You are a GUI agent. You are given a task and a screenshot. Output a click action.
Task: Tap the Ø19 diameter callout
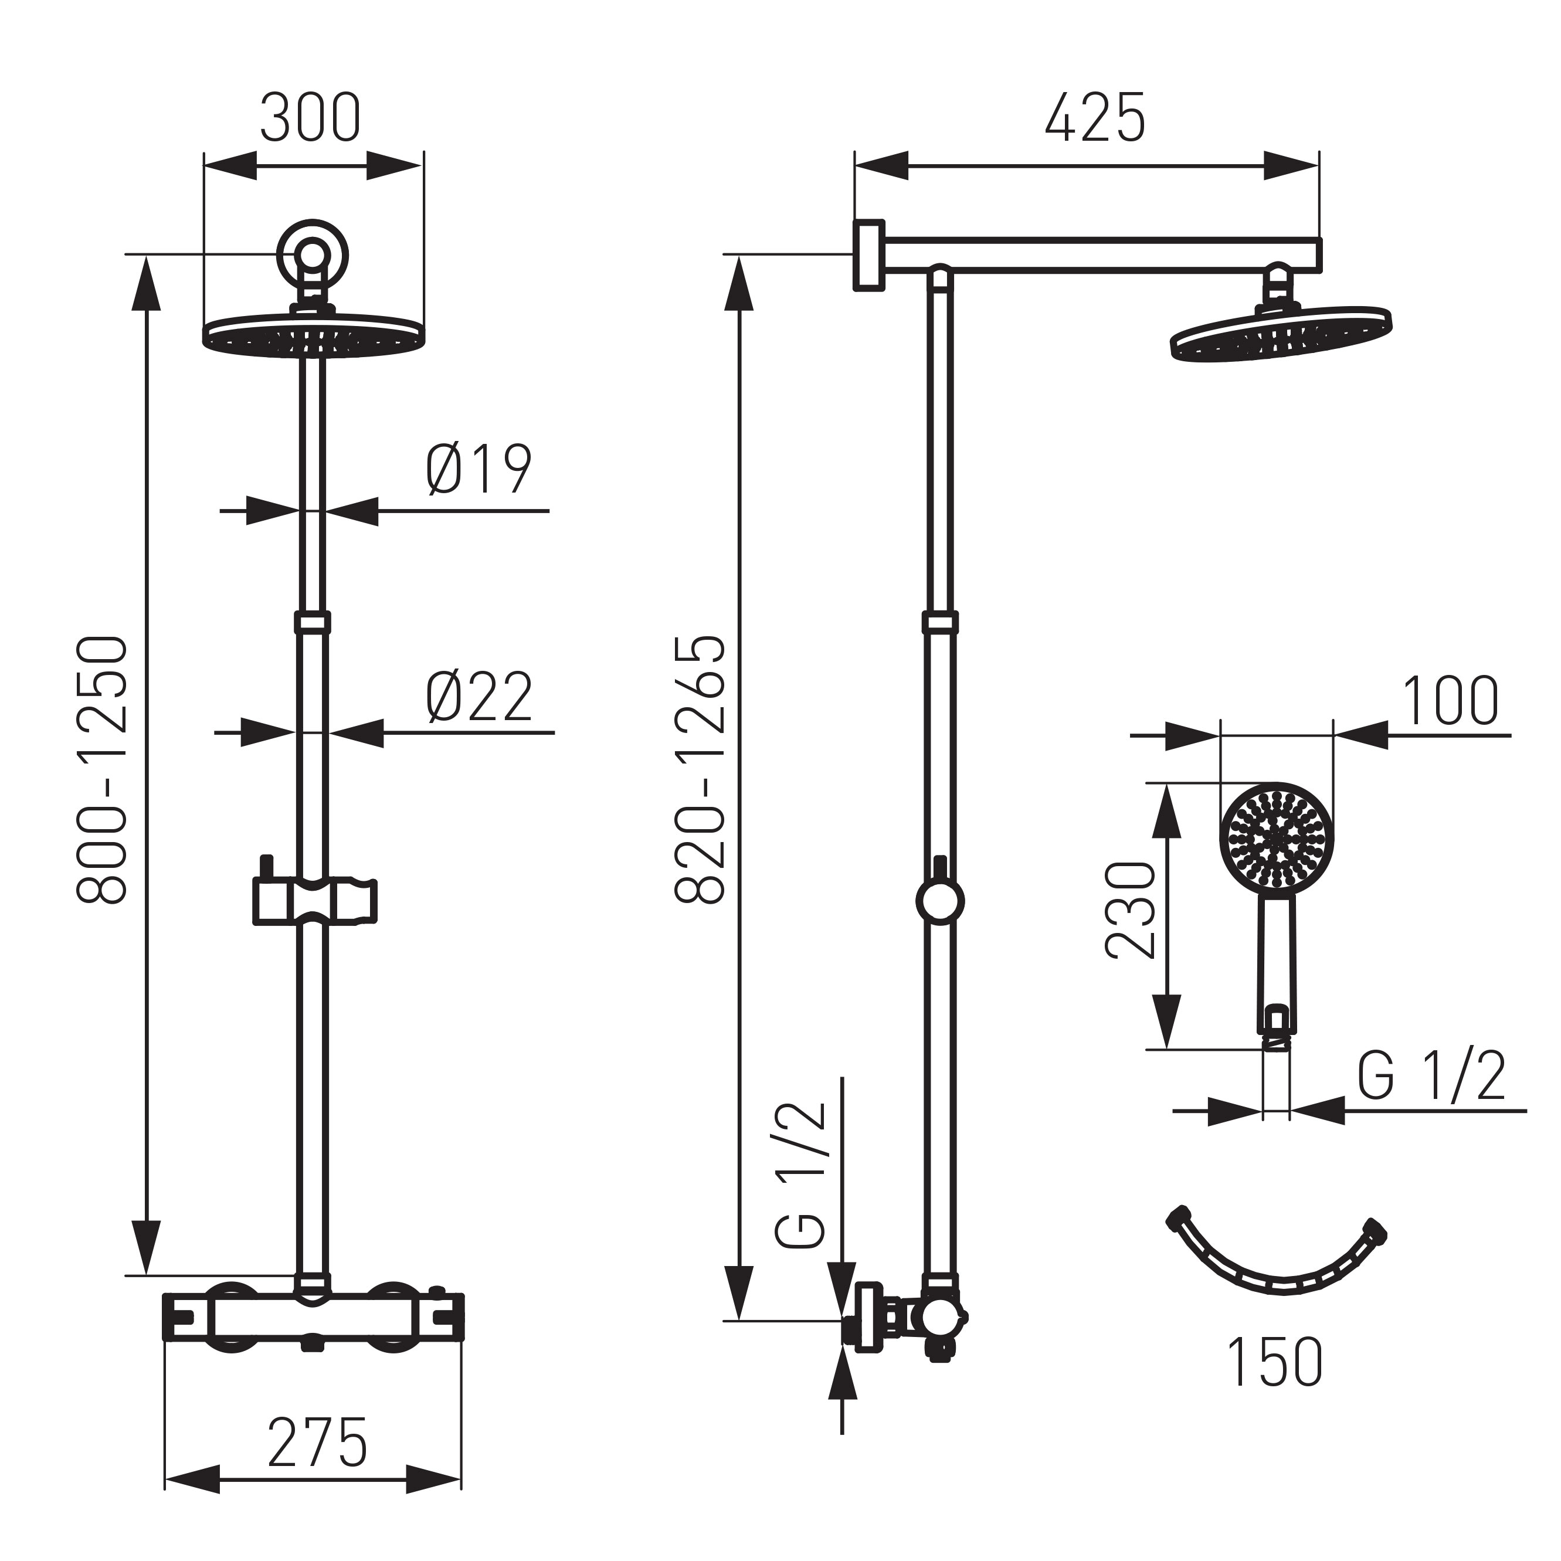(x=479, y=470)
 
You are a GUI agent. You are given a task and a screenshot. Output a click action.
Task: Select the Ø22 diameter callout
(x=479, y=697)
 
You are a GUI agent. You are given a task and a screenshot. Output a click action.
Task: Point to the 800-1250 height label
(x=103, y=769)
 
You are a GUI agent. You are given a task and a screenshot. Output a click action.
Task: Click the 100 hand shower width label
(x=1450, y=701)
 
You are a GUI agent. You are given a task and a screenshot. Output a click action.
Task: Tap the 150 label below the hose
(x=1275, y=1362)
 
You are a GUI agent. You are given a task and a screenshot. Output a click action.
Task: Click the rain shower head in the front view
(x=312, y=334)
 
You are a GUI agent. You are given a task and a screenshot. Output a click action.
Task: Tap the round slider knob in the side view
(x=941, y=900)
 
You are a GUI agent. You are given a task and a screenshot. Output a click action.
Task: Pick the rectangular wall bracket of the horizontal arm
(x=870, y=254)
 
